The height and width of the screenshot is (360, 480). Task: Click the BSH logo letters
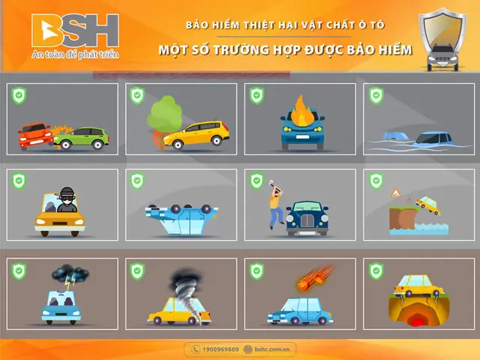pos(75,30)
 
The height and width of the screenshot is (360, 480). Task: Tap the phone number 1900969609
pos(220,349)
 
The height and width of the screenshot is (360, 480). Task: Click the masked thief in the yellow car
pos(67,199)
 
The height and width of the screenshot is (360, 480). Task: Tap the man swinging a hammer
pos(276,204)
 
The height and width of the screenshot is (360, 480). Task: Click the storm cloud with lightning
pos(70,274)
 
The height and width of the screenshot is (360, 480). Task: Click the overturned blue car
pos(181,219)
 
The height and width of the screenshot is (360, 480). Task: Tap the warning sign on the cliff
pos(395,193)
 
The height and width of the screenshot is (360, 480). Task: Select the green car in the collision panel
pos(82,138)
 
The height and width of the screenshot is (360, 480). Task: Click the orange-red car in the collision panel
pos(35,136)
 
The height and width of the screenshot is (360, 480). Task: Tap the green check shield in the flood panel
pos(376,95)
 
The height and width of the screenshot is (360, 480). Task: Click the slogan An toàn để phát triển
pos(75,55)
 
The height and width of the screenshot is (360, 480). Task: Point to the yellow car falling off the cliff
pos(428,205)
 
